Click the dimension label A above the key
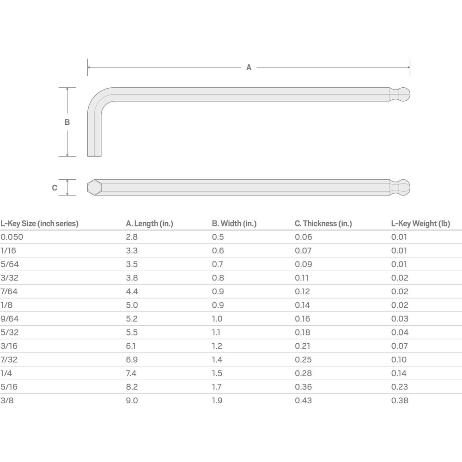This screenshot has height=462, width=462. pyautogui.click(x=249, y=67)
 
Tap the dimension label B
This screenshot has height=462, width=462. pyautogui.click(x=67, y=122)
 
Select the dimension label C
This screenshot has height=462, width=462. pyautogui.click(x=55, y=188)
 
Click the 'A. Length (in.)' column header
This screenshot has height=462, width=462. pyautogui.click(x=149, y=224)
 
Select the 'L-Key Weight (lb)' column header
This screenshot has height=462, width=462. pyautogui.click(x=420, y=224)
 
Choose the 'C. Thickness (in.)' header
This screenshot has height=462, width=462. pyautogui.click(x=323, y=224)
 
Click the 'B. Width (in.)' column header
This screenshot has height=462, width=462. pyautogui.click(x=234, y=224)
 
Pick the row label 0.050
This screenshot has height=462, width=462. pyautogui.click(x=12, y=237)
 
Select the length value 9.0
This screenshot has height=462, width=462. pyautogui.click(x=132, y=401)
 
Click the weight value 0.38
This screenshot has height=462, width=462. pyautogui.click(x=400, y=401)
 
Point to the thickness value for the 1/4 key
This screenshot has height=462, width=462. pyautogui.click(x=303, y=373)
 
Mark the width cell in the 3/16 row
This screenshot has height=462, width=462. pyautogui.click(x=217, y=346)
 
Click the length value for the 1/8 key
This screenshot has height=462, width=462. pyautogui.click(x=132, y=305)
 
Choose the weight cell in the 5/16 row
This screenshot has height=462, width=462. pyautogui.click(x=400, y=387)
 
